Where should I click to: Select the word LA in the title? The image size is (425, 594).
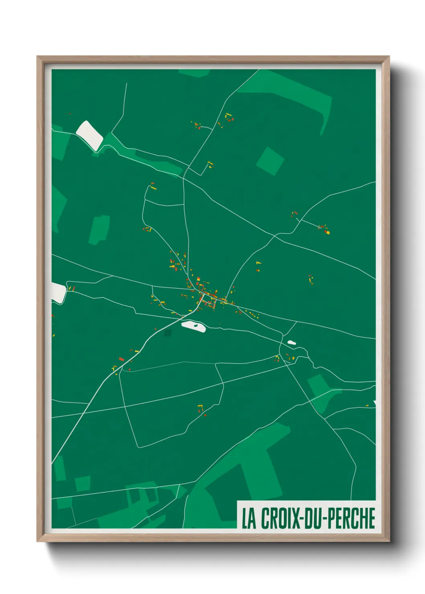(249, 518)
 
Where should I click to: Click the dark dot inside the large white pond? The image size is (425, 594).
(196, 325)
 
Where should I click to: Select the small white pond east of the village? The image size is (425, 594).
(291, 342)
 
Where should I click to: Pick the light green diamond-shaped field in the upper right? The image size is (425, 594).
(270, 161)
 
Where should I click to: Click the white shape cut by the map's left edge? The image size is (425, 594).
(58, 292)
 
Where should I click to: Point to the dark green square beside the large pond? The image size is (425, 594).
(168, 332)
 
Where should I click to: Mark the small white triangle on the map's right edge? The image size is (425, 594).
(374, 403)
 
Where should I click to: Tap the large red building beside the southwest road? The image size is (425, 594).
(121, 359)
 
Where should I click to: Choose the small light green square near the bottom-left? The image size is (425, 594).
(83, 483)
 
